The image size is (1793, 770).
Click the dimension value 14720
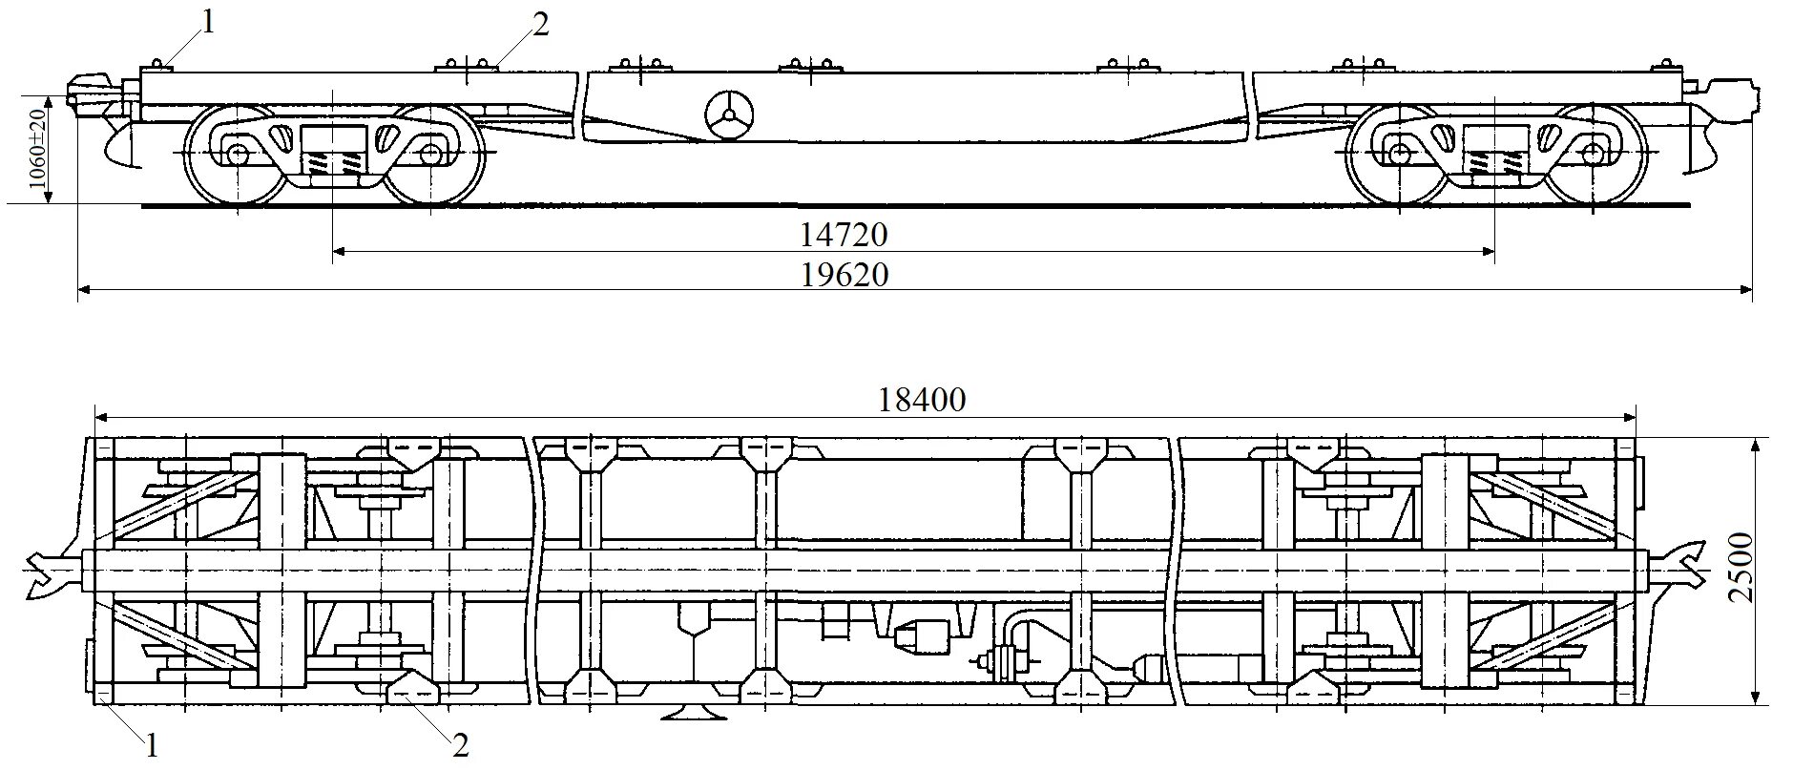844,235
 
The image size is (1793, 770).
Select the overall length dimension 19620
844,276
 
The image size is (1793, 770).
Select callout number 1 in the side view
208,21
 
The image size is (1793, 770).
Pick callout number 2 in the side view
540,25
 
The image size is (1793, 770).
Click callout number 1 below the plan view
151,745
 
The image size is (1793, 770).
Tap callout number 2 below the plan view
461,745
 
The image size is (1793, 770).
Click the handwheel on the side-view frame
730,115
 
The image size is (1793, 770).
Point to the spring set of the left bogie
333,164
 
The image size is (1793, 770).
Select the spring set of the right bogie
1493,164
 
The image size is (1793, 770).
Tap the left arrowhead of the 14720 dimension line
337,252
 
